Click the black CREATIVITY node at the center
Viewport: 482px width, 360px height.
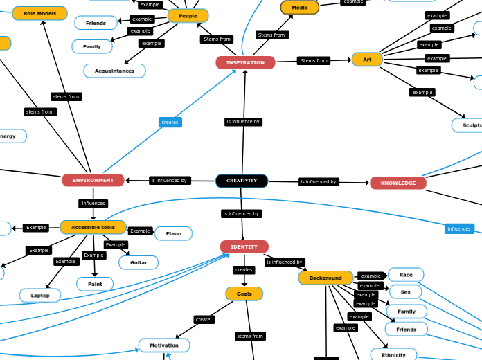pos(242,181)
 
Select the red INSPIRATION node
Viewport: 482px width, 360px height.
pos(245,62)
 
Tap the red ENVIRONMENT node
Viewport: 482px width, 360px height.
pos(93,180)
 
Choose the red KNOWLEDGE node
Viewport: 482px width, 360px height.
pos(398,183)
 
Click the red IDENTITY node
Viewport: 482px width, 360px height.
pos(244,246)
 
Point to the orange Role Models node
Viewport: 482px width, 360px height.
pos(39,13)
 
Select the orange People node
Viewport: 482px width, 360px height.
pos(188,15)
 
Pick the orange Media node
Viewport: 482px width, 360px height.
pos(299,8)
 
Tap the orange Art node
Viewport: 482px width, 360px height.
pos(367,60)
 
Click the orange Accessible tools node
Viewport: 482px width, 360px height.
pos(93,227)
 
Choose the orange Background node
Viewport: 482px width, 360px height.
pos(325,278)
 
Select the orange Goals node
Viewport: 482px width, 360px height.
pos(244,294)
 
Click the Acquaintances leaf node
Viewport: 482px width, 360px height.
pos(114,71)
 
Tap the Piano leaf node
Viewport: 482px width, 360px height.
pos(173,233)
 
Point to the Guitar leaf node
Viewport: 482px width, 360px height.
pos(139,262)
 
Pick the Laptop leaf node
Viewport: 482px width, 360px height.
pos(40,296)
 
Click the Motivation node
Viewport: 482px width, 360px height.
pos(164,345)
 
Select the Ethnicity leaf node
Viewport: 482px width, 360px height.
pos(393,355)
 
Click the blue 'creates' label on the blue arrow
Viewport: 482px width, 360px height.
pos(170,122)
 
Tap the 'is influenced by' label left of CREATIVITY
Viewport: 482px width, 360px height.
pos(169,181)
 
